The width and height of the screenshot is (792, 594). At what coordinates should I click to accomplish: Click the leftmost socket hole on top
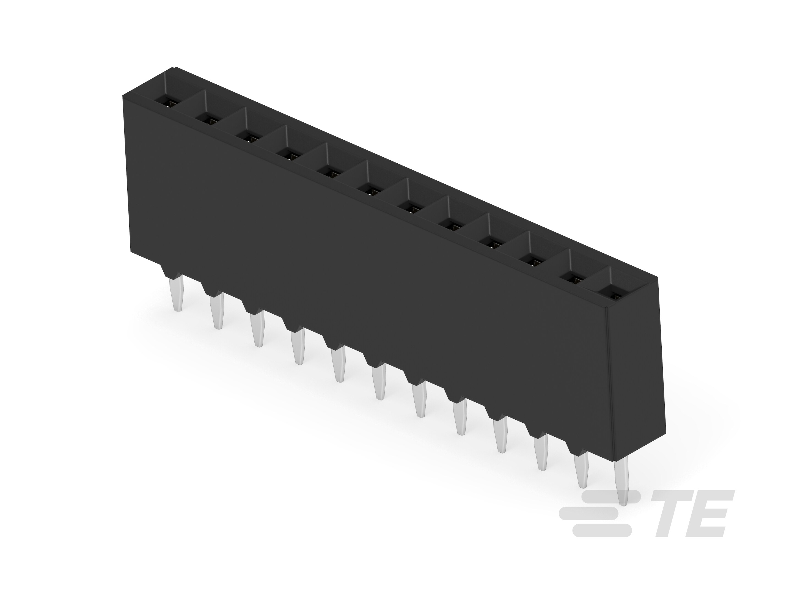click(171, 103)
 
